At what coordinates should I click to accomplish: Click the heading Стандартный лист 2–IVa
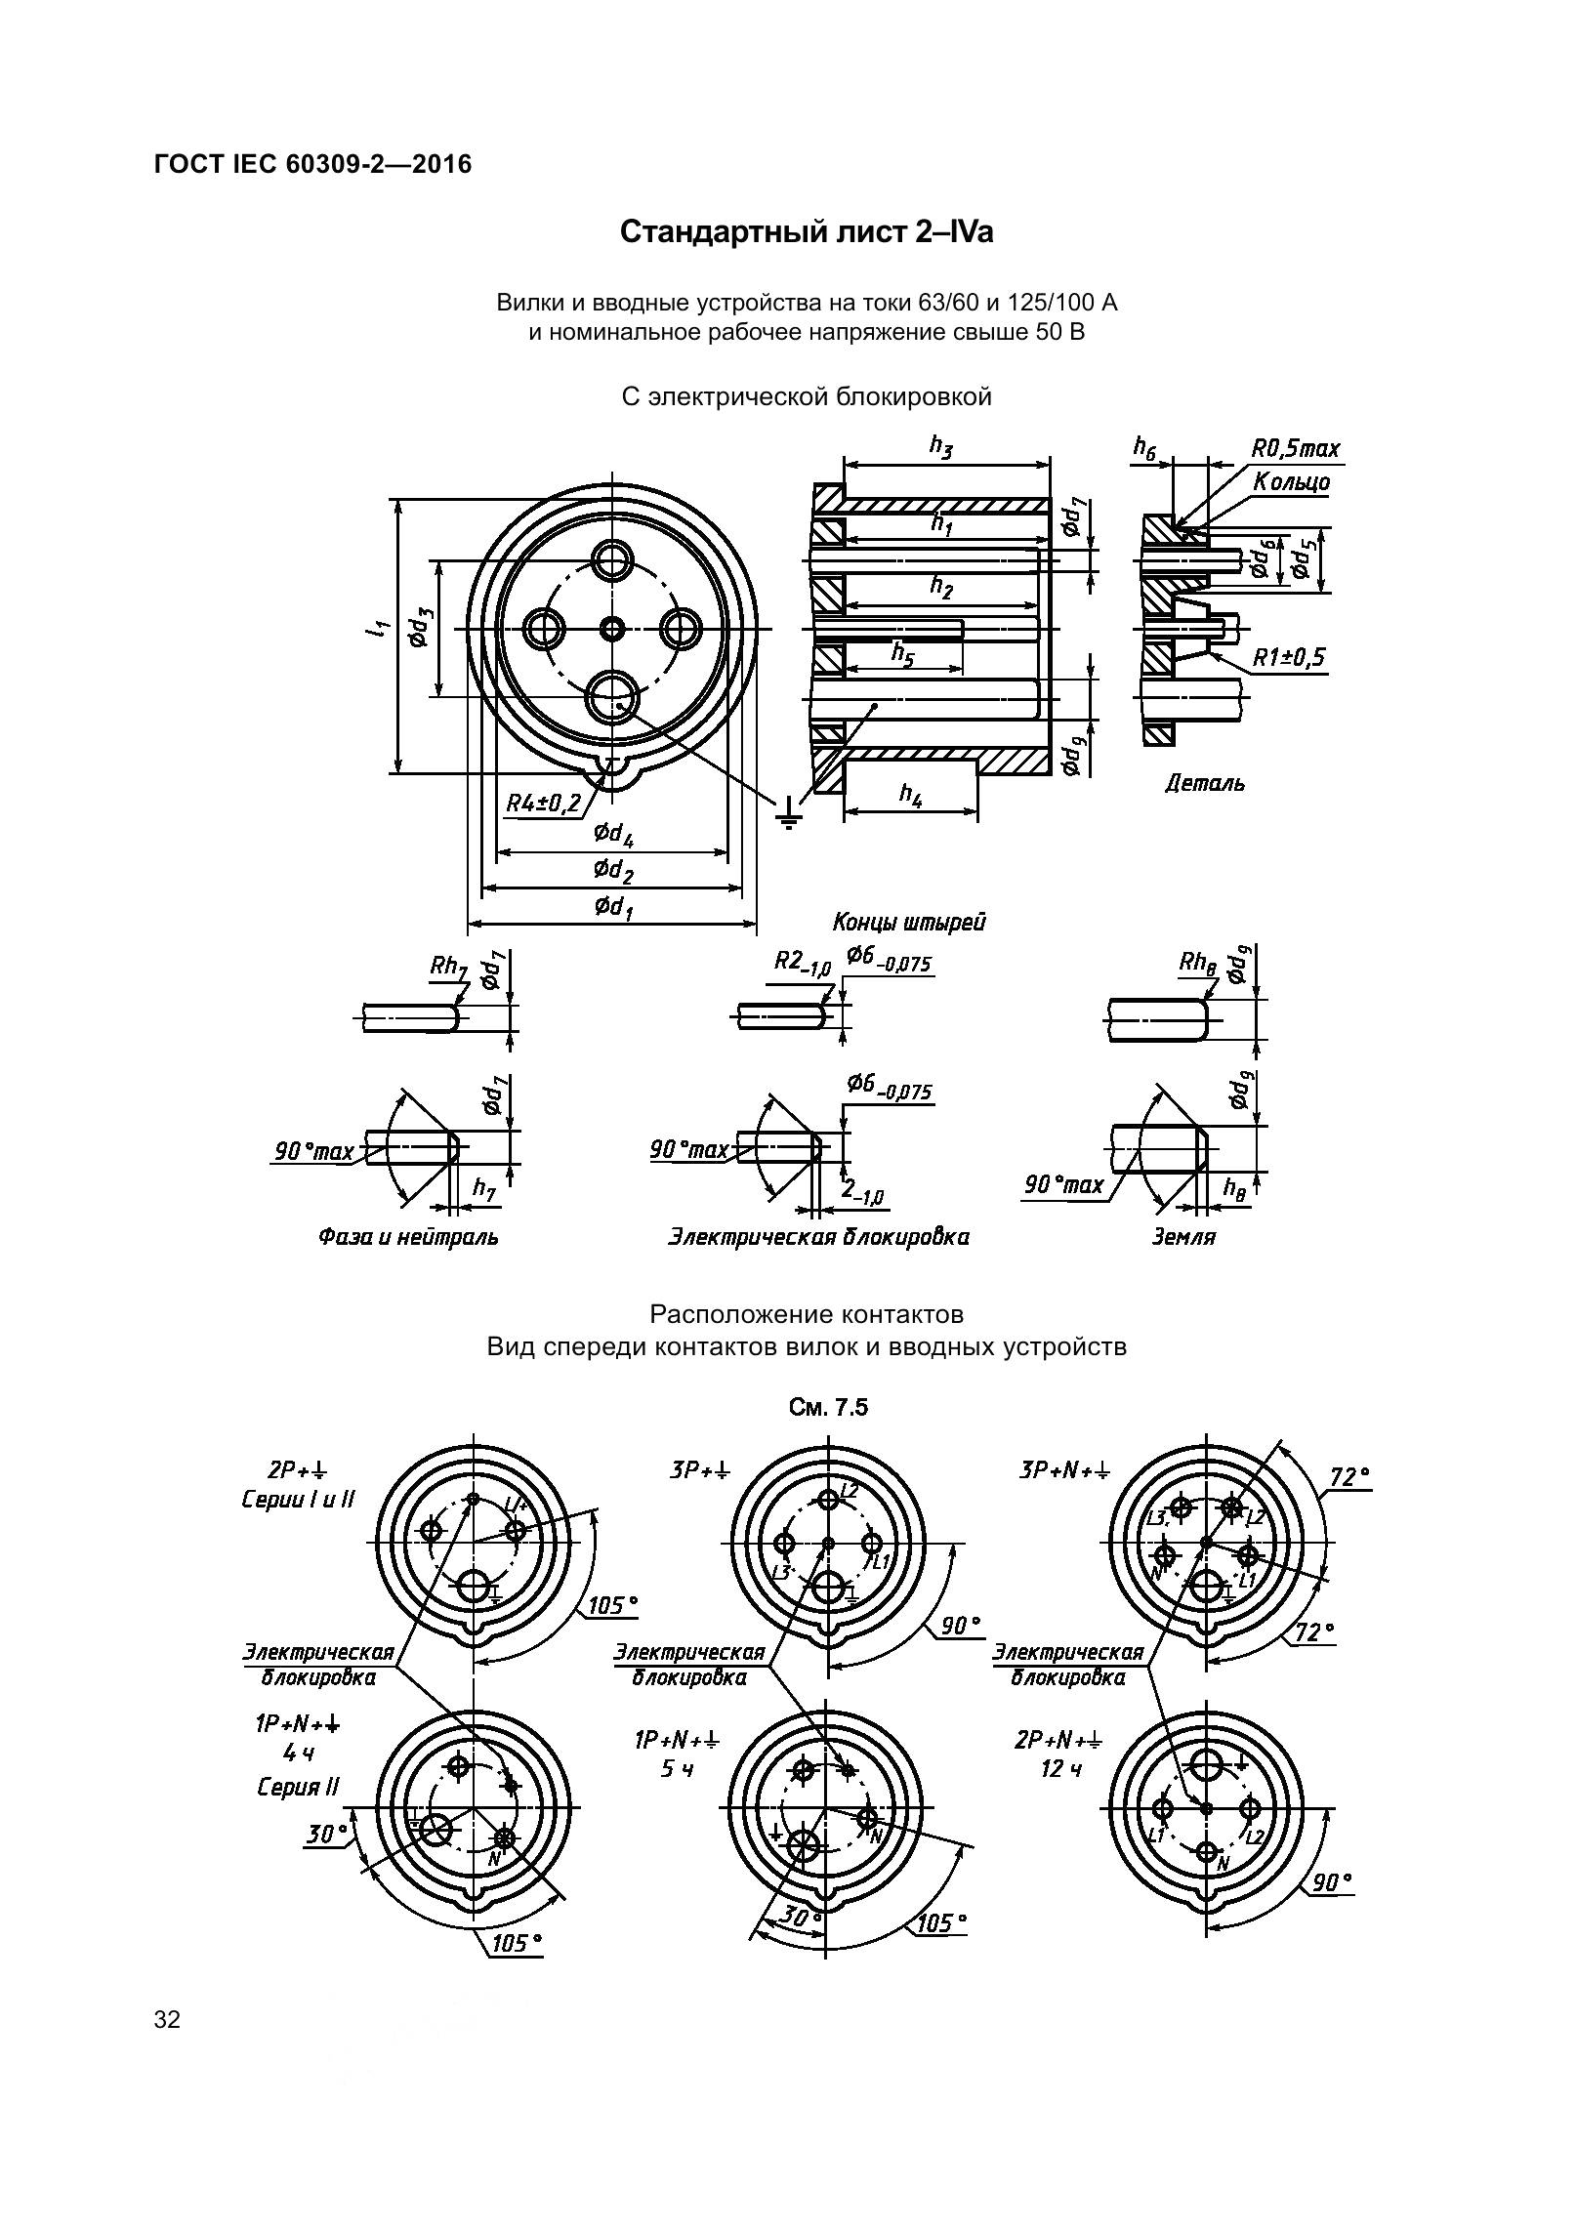pyautogui.click(x=807, y=232)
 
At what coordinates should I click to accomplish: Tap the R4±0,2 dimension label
pyautogui.click(x=543, y=804)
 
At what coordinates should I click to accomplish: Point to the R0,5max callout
pyautogui.click(x=1296, y=449)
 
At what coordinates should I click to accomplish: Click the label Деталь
pyautogui.click(x=1205, y=783)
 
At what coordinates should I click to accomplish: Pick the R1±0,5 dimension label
pyautogui.click(x=1289, y=657)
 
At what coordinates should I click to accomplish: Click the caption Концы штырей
pyautogui.click(x=908, y=922)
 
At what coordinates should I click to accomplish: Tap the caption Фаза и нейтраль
pyautogui.click(x=407, y=1237)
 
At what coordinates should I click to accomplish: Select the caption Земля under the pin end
pyautogui.click(x=1183, y=1237)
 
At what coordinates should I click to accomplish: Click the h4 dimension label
pyautogui.click(x=910, y=795)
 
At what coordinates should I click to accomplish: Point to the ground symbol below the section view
pyautogui.click(x=788, y=813)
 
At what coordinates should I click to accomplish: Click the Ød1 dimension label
pyautogui.click(x=613, y=907)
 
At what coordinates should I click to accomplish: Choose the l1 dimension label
pyautogui.click(x=375, y=630)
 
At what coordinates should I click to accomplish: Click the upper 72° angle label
pyautogui.click(x=1349, y=1476)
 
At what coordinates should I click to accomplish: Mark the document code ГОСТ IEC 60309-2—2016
pyautogui.click(x=312, y=164)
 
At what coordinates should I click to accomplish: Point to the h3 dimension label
pyautogui.click(x=940, y=447)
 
